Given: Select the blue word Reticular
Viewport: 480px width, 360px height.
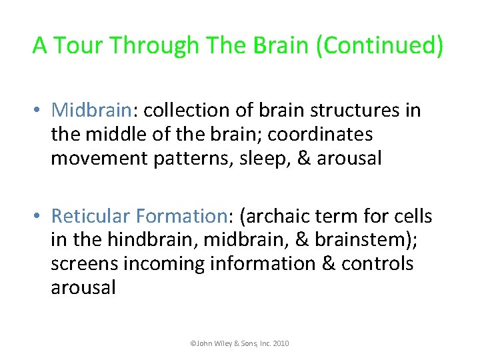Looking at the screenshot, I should point(90,217).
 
